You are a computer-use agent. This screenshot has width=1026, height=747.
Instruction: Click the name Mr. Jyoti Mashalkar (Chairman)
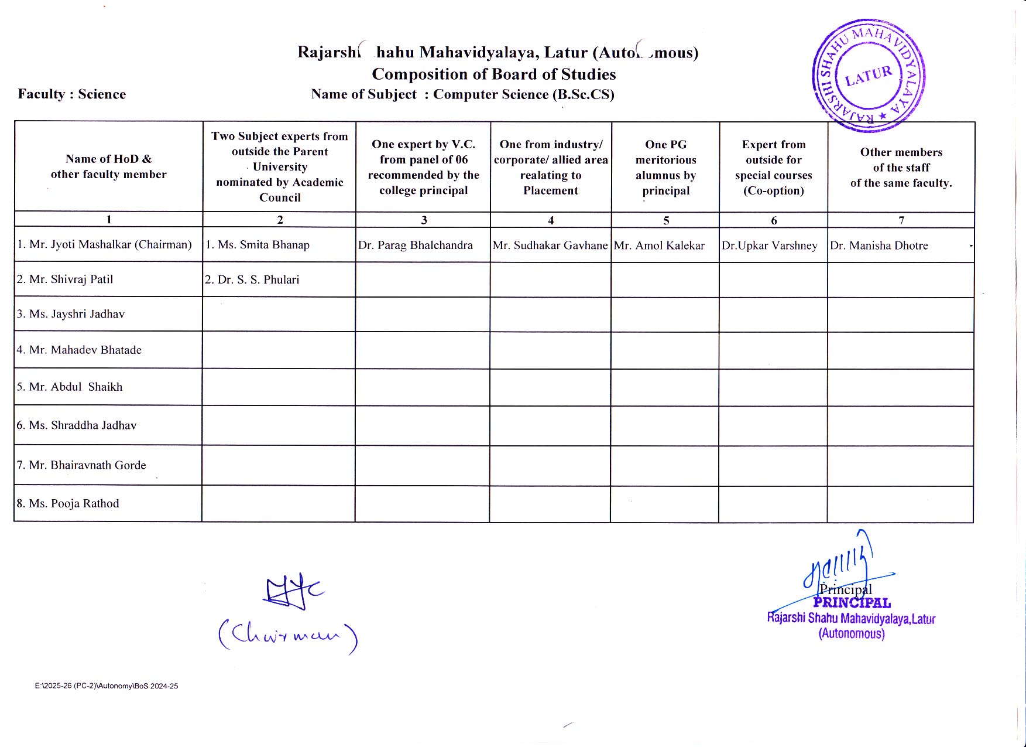coord(105,245)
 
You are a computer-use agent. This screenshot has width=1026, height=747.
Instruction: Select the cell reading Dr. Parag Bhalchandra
coord(416,245)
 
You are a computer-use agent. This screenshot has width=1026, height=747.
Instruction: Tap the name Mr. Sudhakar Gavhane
coord(550,245)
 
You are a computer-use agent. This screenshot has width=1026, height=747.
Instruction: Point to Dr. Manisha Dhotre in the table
coord(879,246)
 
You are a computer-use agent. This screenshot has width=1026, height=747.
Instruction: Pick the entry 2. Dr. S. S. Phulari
coord(252,280)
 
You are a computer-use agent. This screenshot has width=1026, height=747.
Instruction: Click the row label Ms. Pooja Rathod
coord(68,504)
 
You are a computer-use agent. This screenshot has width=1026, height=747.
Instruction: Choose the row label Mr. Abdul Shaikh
coord(70,387)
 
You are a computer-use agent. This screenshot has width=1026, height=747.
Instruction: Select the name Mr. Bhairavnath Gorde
coord(81,465)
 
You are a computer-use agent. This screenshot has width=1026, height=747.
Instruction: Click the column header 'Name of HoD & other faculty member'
coord(109,166)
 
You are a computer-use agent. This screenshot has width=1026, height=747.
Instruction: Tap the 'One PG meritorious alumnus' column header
coord(666,168)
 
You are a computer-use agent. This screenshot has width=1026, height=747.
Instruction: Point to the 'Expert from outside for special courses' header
coord(774,168)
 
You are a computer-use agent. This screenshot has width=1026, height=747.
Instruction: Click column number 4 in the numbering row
coord(551,220)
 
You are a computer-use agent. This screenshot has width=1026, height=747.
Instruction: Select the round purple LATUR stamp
coord(869,75)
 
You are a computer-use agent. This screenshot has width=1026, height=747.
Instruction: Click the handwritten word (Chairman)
coord(287,636)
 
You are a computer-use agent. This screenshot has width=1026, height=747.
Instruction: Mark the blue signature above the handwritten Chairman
coord(293,592)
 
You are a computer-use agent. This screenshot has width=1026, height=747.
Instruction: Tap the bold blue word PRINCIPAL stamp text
coord(852,603)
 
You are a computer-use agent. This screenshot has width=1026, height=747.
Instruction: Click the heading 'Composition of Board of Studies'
coord(494,74)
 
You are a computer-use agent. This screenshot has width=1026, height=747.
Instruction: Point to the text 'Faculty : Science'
coord(72,94)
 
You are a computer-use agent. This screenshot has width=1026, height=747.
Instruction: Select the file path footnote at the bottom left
coord(107,686)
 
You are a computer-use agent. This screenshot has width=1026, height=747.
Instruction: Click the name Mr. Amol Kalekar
coord(660,246)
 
